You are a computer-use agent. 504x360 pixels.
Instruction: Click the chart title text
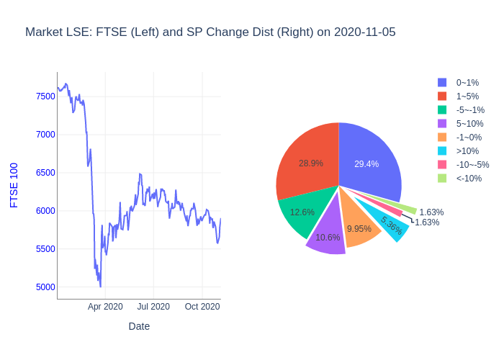210,32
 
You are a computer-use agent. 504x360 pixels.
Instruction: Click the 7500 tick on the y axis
45,96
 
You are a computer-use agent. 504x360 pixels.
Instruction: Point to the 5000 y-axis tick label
45,287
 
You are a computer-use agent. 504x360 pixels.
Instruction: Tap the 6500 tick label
45,173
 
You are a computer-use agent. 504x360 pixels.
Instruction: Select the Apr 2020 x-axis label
105,307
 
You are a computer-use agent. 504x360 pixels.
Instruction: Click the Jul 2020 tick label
153,307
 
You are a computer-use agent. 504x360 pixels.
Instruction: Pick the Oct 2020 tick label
202,307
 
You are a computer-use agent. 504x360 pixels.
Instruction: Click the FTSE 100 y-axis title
14,185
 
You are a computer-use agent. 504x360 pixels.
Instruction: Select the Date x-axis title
139,326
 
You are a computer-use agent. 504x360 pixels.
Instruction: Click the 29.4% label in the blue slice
366,164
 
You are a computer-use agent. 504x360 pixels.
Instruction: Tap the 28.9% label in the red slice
311,163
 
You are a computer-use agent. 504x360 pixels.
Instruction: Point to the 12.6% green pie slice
302,212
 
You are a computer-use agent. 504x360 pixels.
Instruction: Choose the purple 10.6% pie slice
328,237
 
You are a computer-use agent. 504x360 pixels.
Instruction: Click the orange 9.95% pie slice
359,228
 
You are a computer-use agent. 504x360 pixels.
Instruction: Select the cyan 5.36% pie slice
391,225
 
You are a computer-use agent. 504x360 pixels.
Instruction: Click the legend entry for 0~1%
467,83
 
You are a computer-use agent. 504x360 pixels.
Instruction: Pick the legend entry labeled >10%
467,150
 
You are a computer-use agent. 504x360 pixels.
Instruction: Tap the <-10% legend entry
469,178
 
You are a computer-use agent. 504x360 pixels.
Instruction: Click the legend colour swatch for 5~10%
442,124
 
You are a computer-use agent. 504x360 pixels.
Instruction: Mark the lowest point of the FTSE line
100,287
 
